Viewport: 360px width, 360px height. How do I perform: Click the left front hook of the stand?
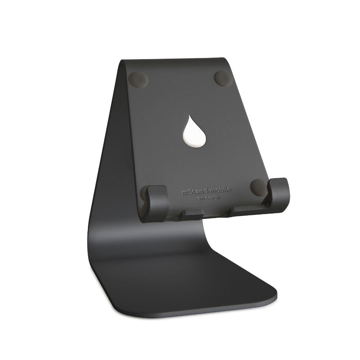[x=157, y=203]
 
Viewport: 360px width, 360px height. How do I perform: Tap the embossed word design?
[x=213, y=197]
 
